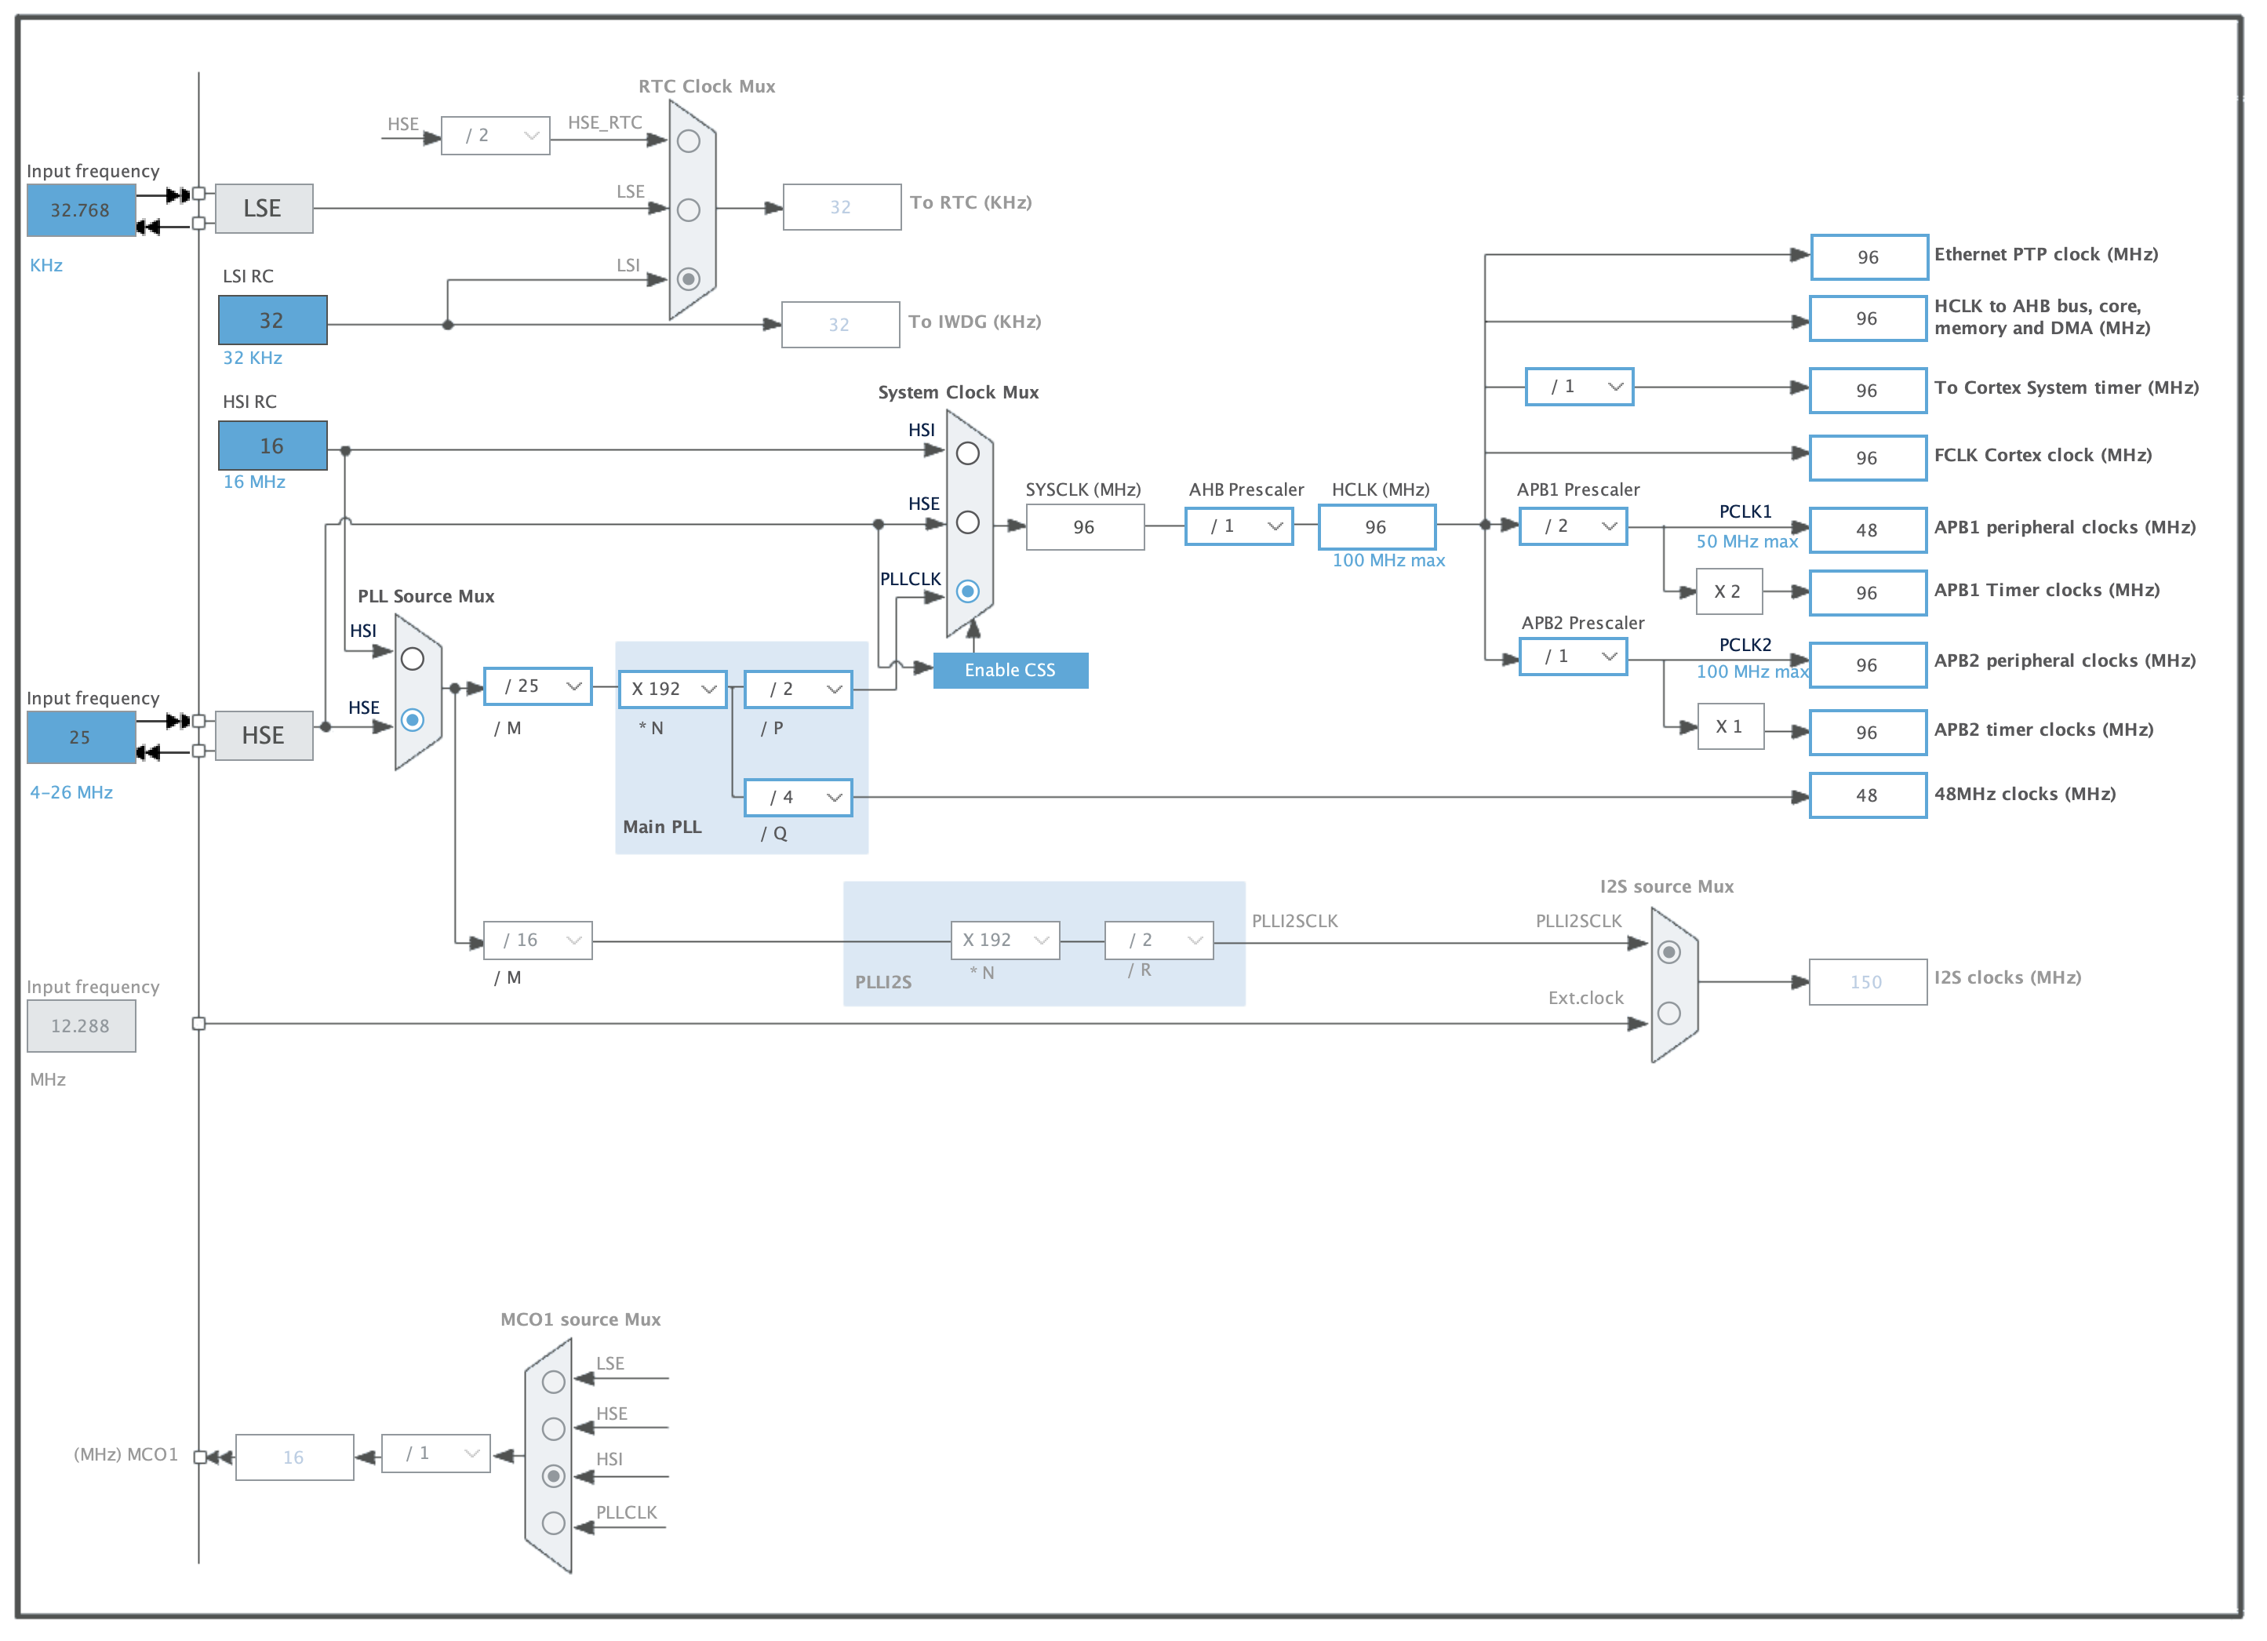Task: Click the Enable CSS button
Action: click(x=1010, y=670)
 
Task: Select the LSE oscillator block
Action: click(x=264, y=208)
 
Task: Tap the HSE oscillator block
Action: click(x=264, y=736)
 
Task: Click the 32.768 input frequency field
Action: click(x=81, y=210)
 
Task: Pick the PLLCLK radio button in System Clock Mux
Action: click(x=967, y=591)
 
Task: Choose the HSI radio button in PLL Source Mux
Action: click(x=412, y=659)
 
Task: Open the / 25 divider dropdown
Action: click(x=538, y=686)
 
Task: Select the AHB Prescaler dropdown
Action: click(x=1239, y=526)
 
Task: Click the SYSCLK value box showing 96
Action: click(x=1085, y=526)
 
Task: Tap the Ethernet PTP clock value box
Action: click(x=1869, y=257)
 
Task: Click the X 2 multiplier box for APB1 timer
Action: click(x=1729, y=591)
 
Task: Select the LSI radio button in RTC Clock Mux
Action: click(x=689, y=278)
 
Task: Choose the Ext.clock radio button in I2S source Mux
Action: click(x=1669, y=1013)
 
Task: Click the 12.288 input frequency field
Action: click(x=81, y=1026)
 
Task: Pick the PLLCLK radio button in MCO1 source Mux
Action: click(x=554, y=1523)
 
